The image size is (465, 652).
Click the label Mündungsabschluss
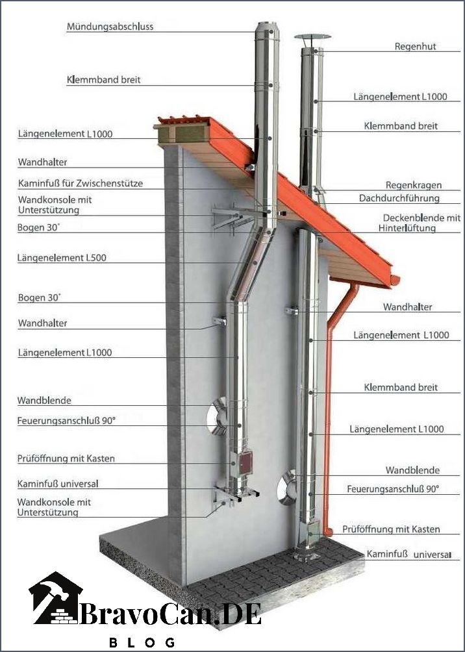click(110, 27)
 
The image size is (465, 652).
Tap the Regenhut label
click(416, 47)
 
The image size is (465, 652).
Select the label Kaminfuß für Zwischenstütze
click(81, 183)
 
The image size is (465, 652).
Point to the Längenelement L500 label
click(62, 258)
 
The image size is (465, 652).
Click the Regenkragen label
click(414, 186)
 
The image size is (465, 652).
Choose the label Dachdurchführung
click(399, 198)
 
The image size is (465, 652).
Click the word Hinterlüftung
click(407, 229)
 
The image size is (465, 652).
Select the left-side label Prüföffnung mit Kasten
click(66, 459)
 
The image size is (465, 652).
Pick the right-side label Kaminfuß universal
click(408, 555)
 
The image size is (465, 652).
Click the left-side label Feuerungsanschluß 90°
click(66, 421)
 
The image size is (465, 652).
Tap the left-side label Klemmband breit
click(103, 80)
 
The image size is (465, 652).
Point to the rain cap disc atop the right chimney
click(313, 36)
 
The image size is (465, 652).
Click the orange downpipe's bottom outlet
click(328, 533)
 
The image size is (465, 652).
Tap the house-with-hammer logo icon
click(55, 598)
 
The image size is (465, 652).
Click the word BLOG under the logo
click(142, 643)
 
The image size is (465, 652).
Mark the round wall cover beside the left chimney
click(217, 416)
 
